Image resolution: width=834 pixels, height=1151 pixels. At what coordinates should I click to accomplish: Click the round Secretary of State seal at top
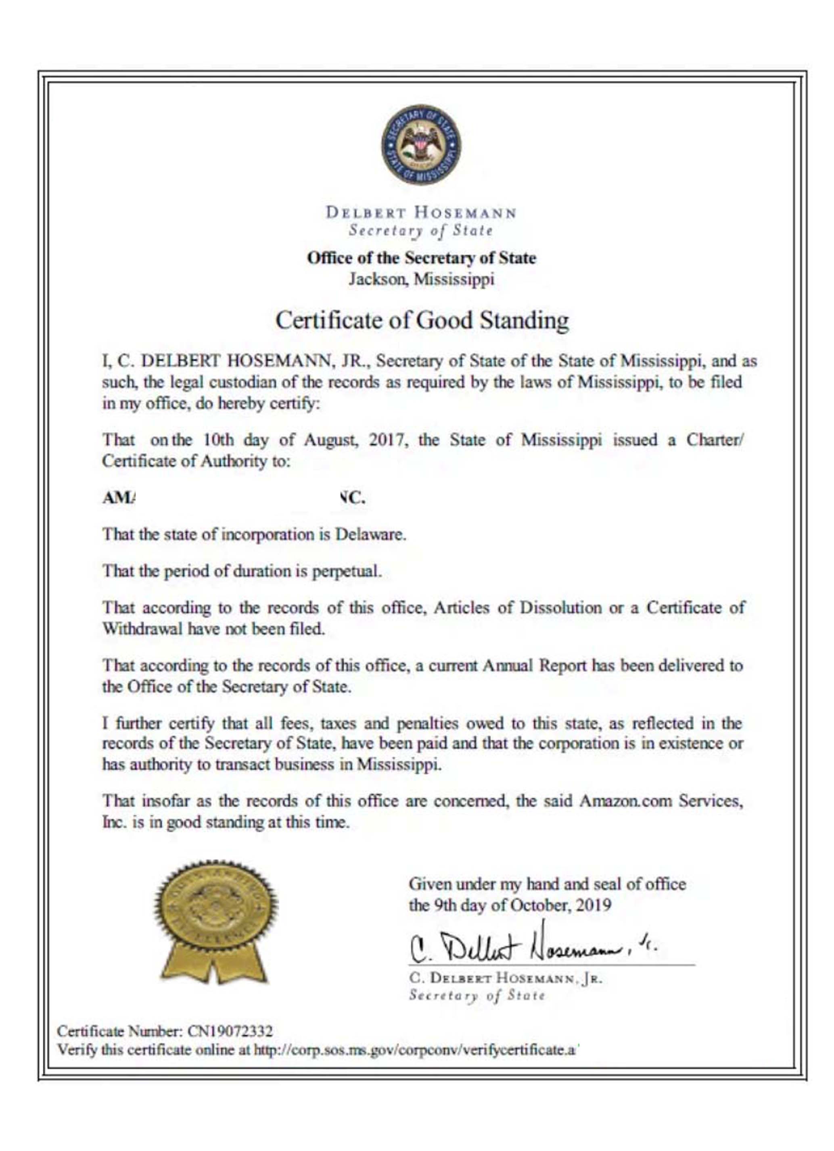tap(420, 145)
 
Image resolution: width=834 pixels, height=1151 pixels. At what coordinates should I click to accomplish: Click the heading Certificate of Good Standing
tap(421, 321)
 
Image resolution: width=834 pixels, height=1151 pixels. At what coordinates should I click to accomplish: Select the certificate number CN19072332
tap(230, 1031)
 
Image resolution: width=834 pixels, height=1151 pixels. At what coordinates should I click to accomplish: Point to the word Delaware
tap(370, 534)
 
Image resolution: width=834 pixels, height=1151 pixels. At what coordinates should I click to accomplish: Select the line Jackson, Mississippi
tap(421, 279)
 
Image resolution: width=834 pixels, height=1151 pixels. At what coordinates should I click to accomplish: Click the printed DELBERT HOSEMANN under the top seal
tap(421, 212)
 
